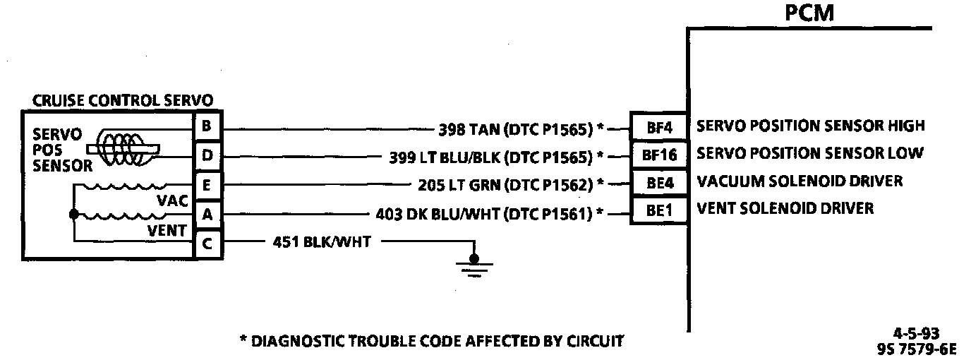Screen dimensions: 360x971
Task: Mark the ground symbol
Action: point(474,265)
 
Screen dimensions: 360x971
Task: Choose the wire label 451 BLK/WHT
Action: point(322,242)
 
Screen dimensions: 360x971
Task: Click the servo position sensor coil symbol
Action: point(123,148)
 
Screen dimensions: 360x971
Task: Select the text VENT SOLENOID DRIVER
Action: point(785,209)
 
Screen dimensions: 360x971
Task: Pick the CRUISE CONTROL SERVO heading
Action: point(123,100)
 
